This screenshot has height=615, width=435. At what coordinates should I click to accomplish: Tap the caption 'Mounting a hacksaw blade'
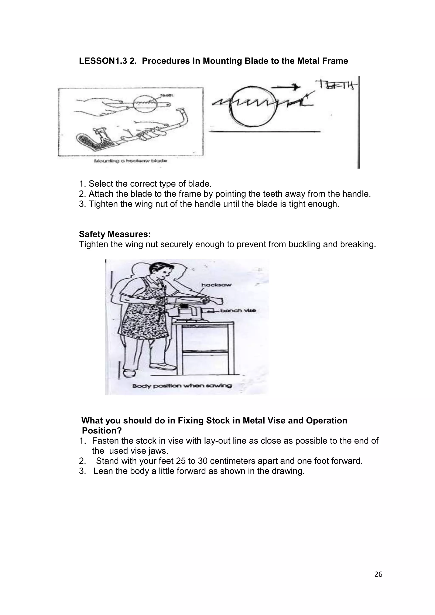(x=130, y=161)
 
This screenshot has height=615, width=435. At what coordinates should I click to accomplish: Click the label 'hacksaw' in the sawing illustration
(x=216, y=285)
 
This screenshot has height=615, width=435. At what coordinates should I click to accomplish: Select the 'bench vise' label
(x=238, y=311)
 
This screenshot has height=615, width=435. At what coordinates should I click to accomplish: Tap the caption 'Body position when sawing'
(x=182, y=386)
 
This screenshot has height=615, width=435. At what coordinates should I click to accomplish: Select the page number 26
(x=378, y=574)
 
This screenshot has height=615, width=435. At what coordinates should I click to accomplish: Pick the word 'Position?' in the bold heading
(x=102, y=430)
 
